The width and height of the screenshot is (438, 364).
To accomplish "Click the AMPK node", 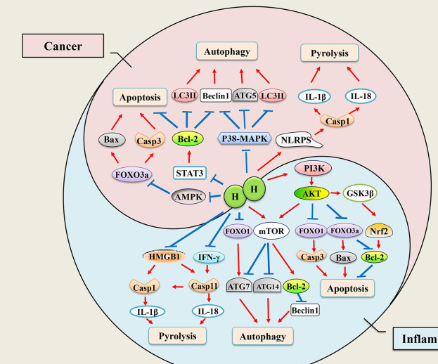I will (191, 197).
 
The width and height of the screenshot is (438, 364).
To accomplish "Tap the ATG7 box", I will (238, 285).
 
